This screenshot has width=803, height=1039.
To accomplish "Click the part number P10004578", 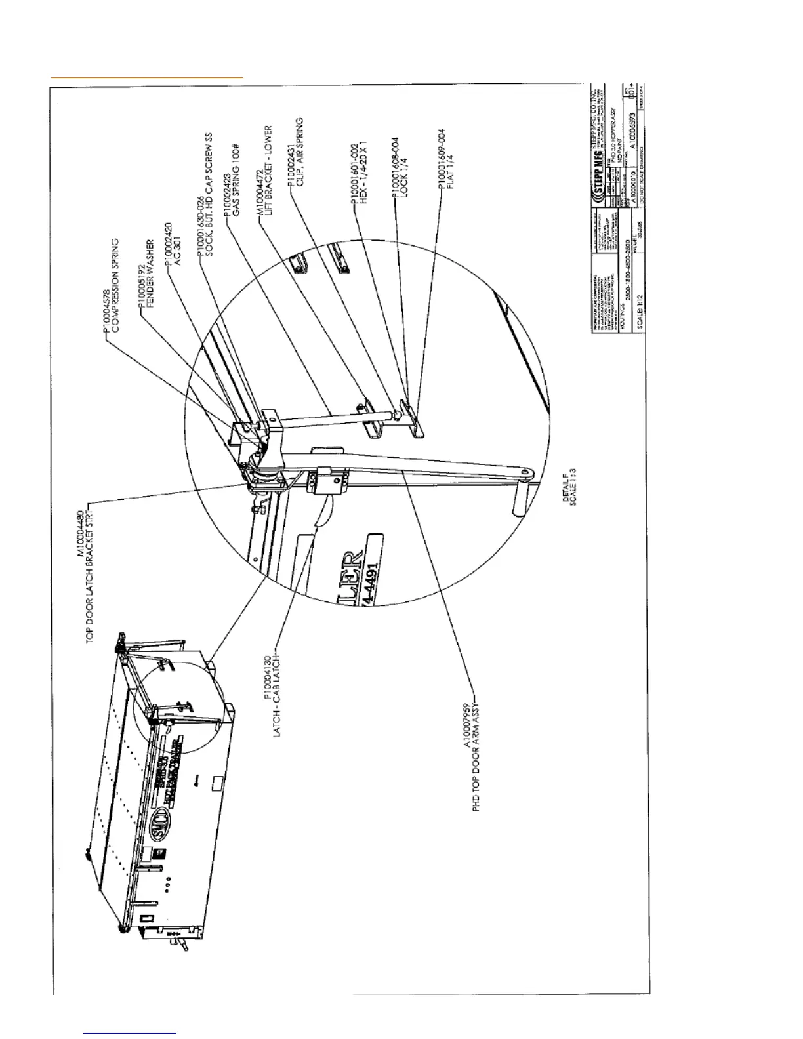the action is click(106, 300).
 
